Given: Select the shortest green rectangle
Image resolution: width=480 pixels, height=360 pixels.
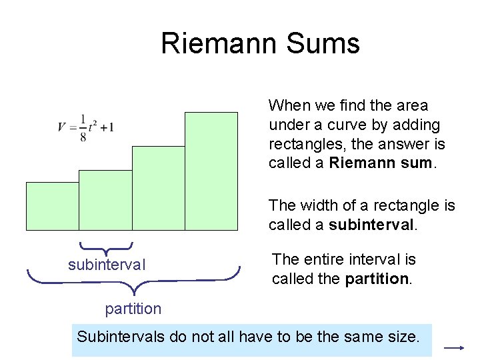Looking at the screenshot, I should (x=52, y=206).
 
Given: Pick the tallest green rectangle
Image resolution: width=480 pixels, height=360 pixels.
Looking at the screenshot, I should (x=211, y=171).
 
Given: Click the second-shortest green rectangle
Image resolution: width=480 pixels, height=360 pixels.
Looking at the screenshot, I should (x=105, y=200).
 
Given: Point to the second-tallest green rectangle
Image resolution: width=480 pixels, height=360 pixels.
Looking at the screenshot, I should (x=158, y=188).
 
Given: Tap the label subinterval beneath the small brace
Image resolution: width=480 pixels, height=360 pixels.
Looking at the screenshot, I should (x=107, y=265).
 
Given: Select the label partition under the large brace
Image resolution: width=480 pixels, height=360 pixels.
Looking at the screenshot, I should (x=133, y=309).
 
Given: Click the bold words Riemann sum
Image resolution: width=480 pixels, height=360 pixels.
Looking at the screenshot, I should (x=381, y=163).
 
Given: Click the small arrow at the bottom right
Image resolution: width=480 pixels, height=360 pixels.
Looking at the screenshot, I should (x=454, y=348).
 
